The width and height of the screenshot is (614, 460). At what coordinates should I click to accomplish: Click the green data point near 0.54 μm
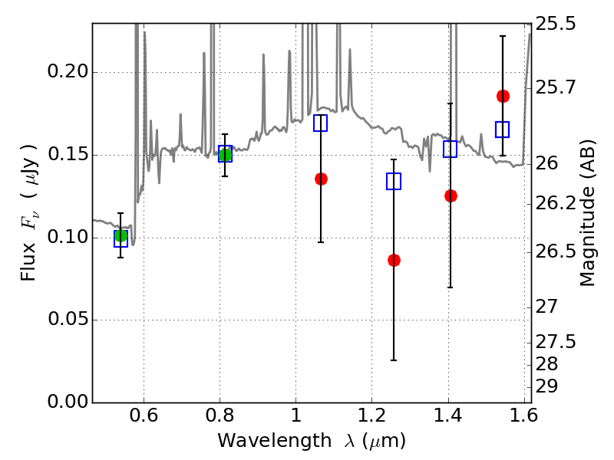120,235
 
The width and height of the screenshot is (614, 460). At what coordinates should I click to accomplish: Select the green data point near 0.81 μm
225,155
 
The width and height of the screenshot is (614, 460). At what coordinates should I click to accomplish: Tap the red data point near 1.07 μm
321,179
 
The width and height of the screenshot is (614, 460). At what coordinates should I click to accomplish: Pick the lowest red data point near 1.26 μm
394,260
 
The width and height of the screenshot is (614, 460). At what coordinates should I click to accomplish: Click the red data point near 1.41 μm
451,195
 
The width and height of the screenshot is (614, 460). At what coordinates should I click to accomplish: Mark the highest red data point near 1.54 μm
503,96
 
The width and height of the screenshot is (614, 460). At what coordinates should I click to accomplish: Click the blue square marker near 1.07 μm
321,123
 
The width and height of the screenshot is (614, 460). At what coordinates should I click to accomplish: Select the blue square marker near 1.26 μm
394,181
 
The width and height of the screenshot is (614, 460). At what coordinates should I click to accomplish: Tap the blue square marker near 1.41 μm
451,149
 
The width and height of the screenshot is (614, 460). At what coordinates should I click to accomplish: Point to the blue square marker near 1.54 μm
503,129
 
